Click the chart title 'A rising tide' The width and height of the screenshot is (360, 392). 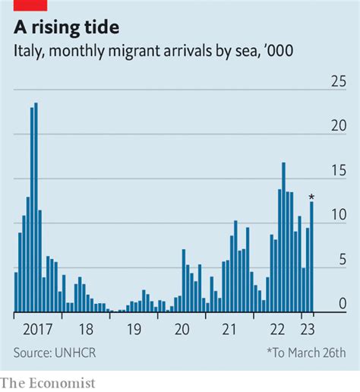[x=66, y=27]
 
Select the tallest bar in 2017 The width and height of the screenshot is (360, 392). [x=36, y=207]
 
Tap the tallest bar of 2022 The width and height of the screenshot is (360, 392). [x=283, y=237]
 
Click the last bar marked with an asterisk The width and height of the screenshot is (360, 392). [x=311, y=257]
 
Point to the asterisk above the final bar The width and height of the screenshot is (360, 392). [x=311, y=197]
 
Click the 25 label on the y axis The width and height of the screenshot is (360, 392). [x=339, y=81]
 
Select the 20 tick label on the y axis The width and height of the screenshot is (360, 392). [x=339, y=125]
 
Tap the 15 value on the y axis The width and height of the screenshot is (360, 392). [x=339, y=170]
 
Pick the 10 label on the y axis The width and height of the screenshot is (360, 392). [x=339, y=214]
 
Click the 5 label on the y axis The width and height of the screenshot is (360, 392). [x=343, y=259]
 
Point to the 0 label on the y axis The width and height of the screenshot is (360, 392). [x=343, y=303]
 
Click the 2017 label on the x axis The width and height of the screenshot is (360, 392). [x=37, y=329]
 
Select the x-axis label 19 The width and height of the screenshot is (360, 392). [x=134, y=329]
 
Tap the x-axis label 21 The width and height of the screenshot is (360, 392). [x=229, y=329]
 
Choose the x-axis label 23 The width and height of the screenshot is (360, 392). [x=308, y=329]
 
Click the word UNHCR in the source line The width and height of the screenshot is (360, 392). [x=75, y=352]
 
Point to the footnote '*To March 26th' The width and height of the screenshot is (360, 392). [x=307, y=352]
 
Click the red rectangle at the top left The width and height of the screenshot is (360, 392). [x=30, y=5]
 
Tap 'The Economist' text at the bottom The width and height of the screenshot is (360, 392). [x=48, y=383]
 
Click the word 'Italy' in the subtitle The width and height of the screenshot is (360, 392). [x=29, y=51]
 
